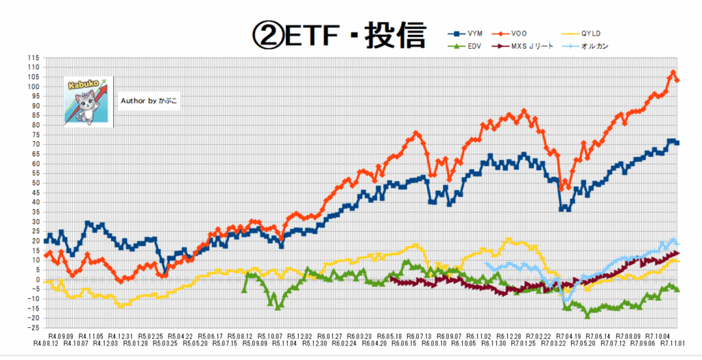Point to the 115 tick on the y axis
pos(33,58)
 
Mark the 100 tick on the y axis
pos(33,86)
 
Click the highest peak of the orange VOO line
pos(673,73)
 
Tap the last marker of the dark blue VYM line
pos(677,143)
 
